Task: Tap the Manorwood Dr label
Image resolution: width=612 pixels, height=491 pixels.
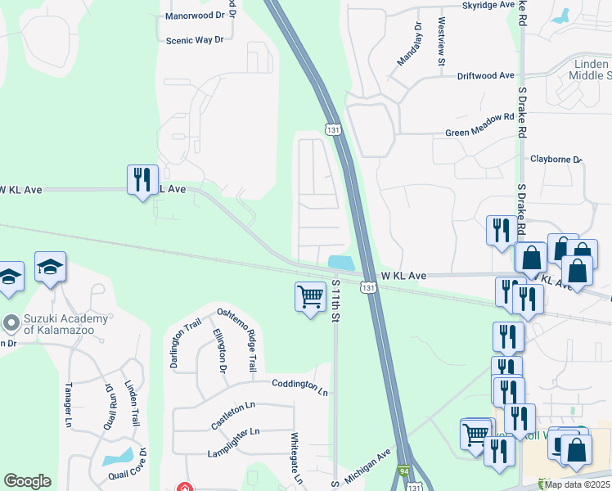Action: click(x=195, y=16)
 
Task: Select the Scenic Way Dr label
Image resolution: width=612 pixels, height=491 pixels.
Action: click(x=195, y=40)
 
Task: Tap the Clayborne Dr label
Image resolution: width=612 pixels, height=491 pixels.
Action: click(x=556, y=160)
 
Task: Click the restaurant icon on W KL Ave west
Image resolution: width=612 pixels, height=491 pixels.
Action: click(x=142, y=179)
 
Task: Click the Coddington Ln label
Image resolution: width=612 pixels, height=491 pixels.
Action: click(x=299, y=385)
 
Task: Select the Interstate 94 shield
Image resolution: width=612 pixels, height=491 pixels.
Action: click(x=404, y=472)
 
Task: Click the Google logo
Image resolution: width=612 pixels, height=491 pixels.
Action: click(x=27, y=481)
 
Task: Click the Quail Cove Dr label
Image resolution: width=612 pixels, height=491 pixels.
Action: click(x=143, y=465)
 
